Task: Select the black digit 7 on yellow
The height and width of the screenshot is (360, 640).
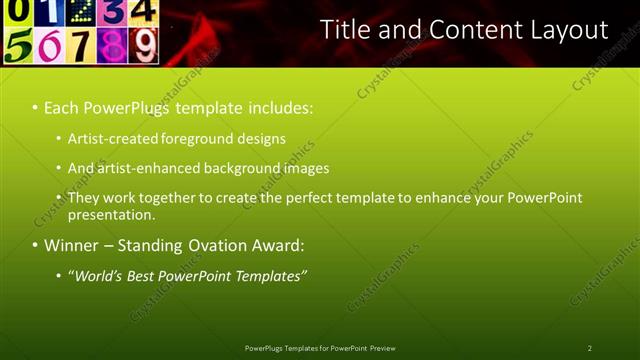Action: tap(81, 45)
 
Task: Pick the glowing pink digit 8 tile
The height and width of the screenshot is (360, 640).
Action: tap(113, 45)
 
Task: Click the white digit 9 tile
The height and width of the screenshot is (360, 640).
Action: tap(145, 45)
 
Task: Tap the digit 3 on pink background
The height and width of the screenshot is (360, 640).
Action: tap(113, 12)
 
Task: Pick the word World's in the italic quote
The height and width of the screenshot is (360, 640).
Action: tap(97, 275)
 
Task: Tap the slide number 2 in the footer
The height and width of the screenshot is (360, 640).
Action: tap(590, 348)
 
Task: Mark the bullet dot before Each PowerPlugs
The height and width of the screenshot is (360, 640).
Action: tap(35, 106)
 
